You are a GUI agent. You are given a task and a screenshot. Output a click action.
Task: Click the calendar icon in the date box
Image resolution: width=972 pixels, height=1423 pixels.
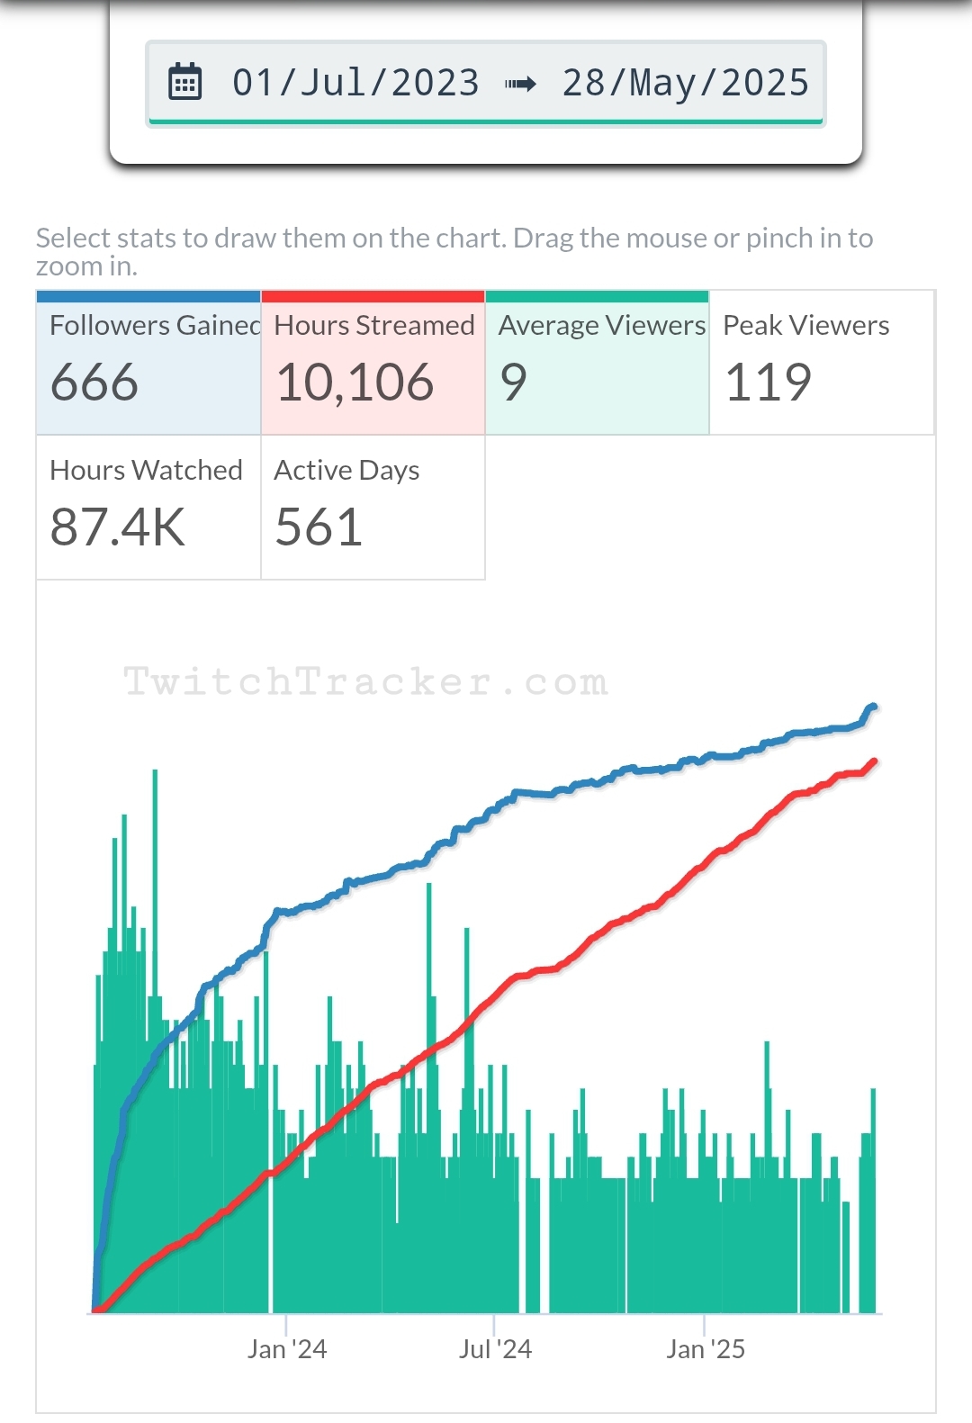coord(185,83)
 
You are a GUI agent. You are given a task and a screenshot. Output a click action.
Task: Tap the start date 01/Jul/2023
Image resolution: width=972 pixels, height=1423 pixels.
coord(355,83)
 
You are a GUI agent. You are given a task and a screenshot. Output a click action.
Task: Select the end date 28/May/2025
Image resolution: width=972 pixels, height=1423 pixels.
coord(686,83)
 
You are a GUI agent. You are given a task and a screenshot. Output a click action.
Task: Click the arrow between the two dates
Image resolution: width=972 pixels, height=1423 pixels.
coord(520,84)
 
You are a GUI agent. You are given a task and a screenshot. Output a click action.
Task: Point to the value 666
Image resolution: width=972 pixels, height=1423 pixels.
coord(94,382)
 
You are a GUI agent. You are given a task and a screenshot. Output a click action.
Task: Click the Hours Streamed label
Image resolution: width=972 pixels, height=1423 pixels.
coord(374,325)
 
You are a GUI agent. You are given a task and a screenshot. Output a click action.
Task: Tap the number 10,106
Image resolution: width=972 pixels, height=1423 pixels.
coord(355,382)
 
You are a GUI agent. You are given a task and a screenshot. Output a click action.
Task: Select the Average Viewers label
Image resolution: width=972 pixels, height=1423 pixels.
coord(602,325)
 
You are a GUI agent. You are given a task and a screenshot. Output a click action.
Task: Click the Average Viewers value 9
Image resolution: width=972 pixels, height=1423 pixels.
coord(513,382)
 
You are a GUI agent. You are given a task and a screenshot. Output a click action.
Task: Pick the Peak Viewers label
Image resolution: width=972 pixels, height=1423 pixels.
coord(805,325)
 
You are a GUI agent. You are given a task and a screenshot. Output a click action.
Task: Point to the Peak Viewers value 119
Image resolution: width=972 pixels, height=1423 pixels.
coord(768,382)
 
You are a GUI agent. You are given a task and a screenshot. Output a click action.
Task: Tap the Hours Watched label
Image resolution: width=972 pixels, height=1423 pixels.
coord(146,470)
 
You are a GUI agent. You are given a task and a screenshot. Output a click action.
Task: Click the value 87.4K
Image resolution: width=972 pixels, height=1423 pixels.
coord(117,527)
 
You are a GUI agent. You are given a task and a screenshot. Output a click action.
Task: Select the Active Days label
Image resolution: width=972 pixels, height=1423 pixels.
coord(346,470)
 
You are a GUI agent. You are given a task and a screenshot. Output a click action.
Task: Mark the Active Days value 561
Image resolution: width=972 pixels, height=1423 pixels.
coord(319,527)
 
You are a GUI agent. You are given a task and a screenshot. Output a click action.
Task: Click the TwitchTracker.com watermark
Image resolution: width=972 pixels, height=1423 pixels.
coord(365,681)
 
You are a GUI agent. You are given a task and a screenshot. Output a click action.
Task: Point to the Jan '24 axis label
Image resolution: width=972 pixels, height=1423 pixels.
coord(287,1348)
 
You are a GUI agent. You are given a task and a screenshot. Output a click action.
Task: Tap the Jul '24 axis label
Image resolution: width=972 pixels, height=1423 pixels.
coord(495,1348)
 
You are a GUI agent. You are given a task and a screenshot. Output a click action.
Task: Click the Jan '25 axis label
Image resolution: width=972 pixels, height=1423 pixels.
coord(706,1348)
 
